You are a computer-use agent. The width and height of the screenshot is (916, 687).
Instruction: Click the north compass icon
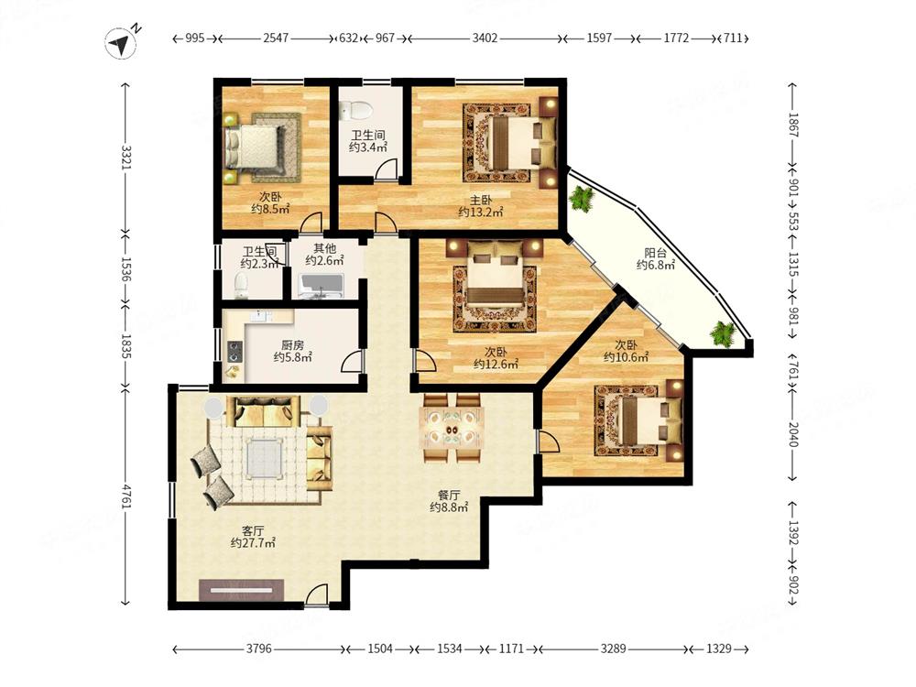[x=121, y=43]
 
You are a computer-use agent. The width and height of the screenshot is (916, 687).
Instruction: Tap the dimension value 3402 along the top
[x=485, y=38]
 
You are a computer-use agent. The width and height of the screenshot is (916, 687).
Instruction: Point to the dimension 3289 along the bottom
[x=614, y=649]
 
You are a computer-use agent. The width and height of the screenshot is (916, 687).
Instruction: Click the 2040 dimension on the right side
[x=792, y=434]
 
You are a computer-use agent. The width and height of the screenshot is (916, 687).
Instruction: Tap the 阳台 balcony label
[x=656, y=253]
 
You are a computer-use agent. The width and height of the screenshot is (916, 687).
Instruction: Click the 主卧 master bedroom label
[x=481, y=200]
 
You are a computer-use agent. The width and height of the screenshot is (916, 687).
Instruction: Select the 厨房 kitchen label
[x=292, y=345]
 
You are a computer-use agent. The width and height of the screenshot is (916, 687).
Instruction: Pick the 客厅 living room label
[x=253, y=530]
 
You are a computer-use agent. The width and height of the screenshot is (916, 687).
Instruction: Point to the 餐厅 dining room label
[x=449, y=496]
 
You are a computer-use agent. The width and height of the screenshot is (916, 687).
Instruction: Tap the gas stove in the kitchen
[x=234, y=352]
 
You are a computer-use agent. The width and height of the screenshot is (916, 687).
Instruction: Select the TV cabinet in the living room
[x=241, y=590]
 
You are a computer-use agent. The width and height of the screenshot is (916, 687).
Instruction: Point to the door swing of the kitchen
[x=352, y=362]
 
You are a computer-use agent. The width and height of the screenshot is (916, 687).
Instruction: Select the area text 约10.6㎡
[x=626, y=357]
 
